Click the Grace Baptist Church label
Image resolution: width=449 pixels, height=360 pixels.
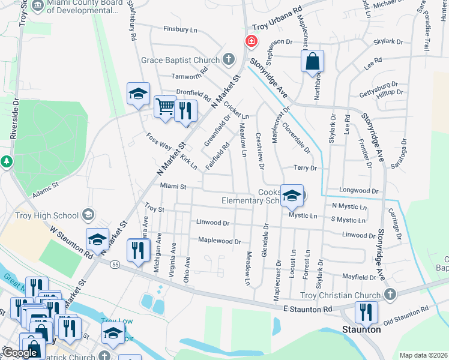tap(181, 60)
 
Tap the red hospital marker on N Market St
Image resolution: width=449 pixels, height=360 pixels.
tap(250, 42)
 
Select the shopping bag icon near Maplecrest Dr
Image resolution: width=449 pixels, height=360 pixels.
tap(312, 61)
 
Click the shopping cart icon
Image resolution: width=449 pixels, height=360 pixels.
tap(165, 107)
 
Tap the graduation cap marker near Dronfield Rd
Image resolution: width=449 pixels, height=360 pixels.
tap(138, 94)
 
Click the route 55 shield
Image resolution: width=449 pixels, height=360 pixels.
tap(115, 264)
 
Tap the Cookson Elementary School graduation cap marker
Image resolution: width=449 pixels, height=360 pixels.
tap(292, 195)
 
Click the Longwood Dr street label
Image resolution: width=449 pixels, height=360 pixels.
tap(359, 191)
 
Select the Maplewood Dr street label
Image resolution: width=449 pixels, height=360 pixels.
tap(219, 241)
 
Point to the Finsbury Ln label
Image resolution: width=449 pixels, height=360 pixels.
tap(180, 29)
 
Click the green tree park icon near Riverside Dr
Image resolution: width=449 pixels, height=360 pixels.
tap(6, 161)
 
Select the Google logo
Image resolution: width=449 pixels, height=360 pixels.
tap(20, 353)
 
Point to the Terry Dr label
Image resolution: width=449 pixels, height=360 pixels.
tap(304, 169)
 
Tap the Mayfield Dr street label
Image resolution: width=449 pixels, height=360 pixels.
tap(358, 277)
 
